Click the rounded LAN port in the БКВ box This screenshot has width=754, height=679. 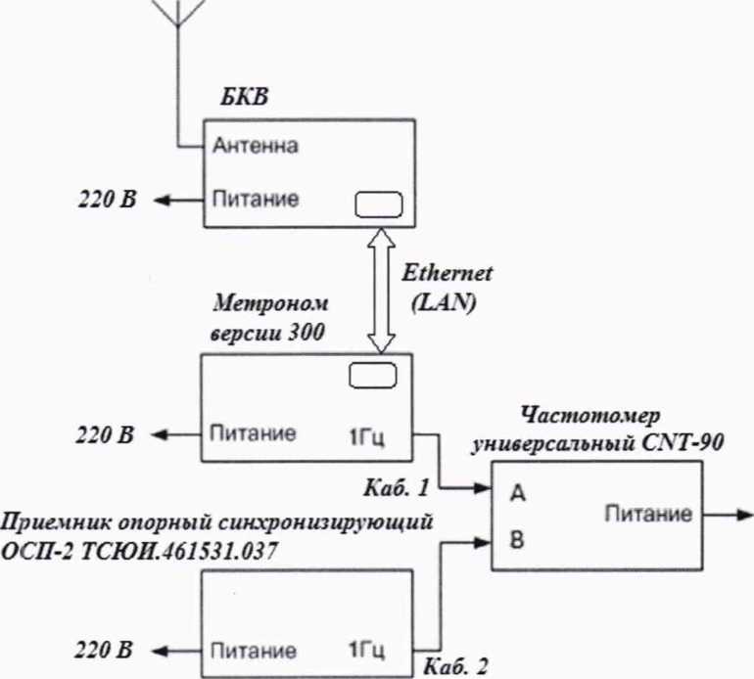[x=378, y=203]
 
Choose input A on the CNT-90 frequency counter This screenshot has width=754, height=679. [x=515, y=494]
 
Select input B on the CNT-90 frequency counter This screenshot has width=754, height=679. [x=515, y=537]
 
